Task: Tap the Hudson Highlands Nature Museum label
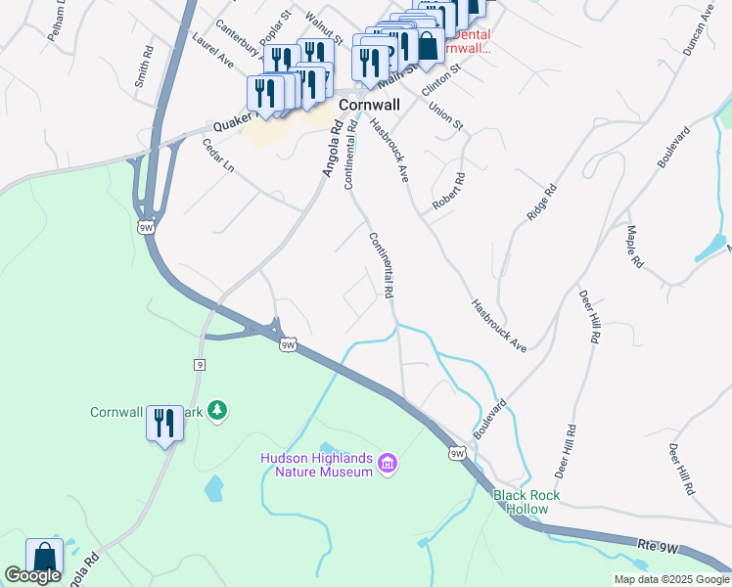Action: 317,465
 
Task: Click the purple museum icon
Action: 388,462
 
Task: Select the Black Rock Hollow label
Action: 526,502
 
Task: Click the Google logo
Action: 32,575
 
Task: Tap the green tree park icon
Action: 221,410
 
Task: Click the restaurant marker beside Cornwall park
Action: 163,424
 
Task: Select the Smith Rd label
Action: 143,66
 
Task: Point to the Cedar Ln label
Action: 217,155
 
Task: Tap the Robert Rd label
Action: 451,192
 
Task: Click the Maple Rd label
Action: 636,248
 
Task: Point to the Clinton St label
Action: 439,76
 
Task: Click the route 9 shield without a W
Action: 199,364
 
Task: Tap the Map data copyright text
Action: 670,579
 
